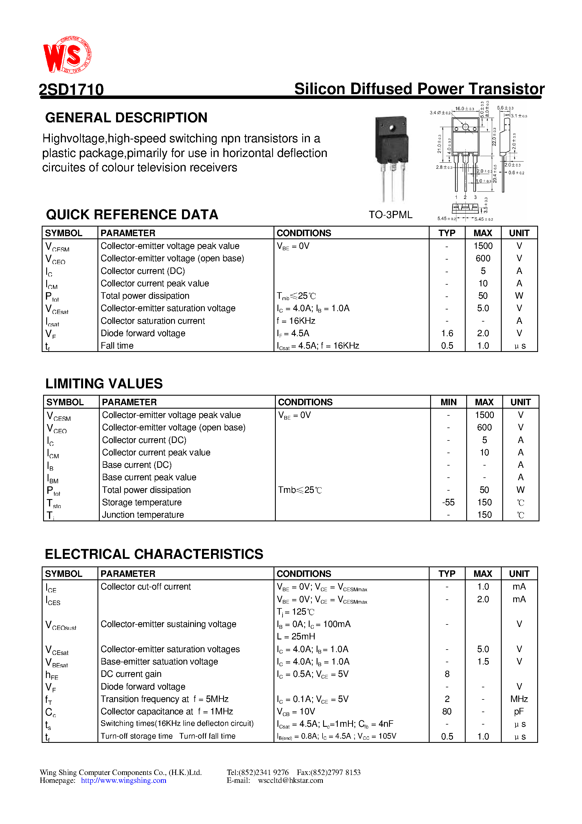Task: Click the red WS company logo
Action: (x=67, y=55)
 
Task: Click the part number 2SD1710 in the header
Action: (x=71, y=89)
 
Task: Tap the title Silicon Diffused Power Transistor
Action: (x=419, y=89)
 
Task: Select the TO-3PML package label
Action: (x=390, y=215)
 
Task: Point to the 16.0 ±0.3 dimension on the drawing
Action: (x=464, y=108)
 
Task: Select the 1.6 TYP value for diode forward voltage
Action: (x=447, y=333)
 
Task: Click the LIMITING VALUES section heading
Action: (x=104, y=384)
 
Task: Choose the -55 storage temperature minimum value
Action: (x=448, y=502)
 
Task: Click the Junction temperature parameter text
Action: (x=143, y=515)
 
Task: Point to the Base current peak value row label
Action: (x=149, y=477)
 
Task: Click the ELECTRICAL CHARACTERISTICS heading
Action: (x=154, y=554)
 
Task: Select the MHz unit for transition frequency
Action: (x=519, y=699)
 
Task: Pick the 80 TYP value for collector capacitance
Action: (x=447, y=711)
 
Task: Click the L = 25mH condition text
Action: (x=296, y=636)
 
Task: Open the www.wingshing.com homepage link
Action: (x=123, y=781)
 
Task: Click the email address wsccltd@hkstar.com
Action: (x=291, y=781)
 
